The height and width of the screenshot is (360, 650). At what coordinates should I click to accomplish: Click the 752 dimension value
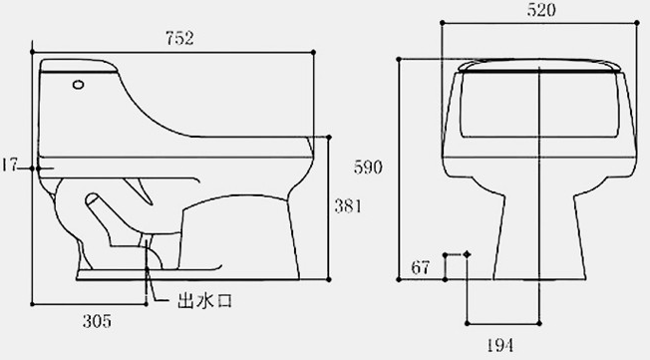click(179, 38)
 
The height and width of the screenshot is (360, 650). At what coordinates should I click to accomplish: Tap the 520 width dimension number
click(541, 10)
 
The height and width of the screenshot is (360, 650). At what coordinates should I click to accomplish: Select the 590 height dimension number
click(368, 168)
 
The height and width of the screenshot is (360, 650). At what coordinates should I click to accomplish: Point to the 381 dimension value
click(348, 206)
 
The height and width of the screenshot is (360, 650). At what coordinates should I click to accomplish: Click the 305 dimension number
click(97, 321)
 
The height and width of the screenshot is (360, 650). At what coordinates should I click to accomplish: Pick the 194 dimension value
click(499, 345)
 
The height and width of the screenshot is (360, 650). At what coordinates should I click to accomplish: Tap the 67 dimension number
click(421, 267)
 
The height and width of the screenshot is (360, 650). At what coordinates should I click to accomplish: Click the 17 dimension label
click(9, 165)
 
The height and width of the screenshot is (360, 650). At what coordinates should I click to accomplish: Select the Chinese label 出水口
click(204, 301)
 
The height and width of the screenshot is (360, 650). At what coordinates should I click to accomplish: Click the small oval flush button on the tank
click(78, 85)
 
